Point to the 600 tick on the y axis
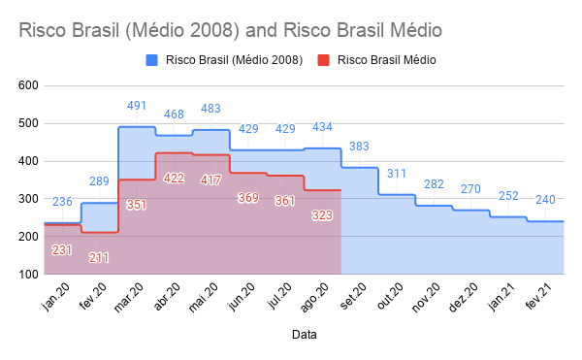point(27,85)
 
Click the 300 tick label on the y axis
point(27,199)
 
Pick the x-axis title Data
point(303,335)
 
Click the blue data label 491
point(137,106)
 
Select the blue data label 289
point(99,181)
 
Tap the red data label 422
point(174,179)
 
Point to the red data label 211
point(99,258)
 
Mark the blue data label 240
point(545,200)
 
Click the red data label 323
point(322,215)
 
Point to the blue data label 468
point(174,115)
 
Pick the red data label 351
point(137,205)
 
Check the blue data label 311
point(397,174)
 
